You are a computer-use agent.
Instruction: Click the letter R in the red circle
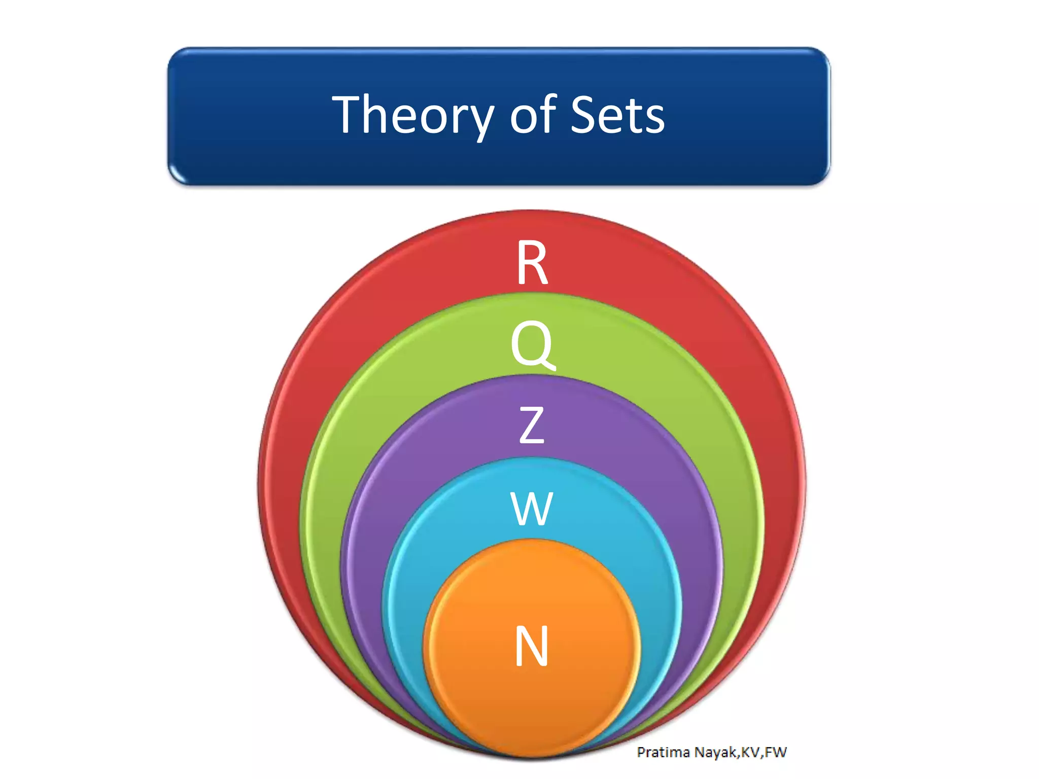tap(532, 262)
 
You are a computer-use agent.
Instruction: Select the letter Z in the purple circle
tap(532, 425)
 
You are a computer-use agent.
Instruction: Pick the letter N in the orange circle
tap(532, 646)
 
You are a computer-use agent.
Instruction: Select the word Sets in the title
tap(617, 116)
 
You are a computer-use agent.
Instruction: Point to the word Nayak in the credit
tap(716, 753)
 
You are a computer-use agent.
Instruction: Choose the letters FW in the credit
tap(776, 752)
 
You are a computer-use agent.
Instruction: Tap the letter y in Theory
tap(479, 122)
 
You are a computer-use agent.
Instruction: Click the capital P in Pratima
tap(642, 752)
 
